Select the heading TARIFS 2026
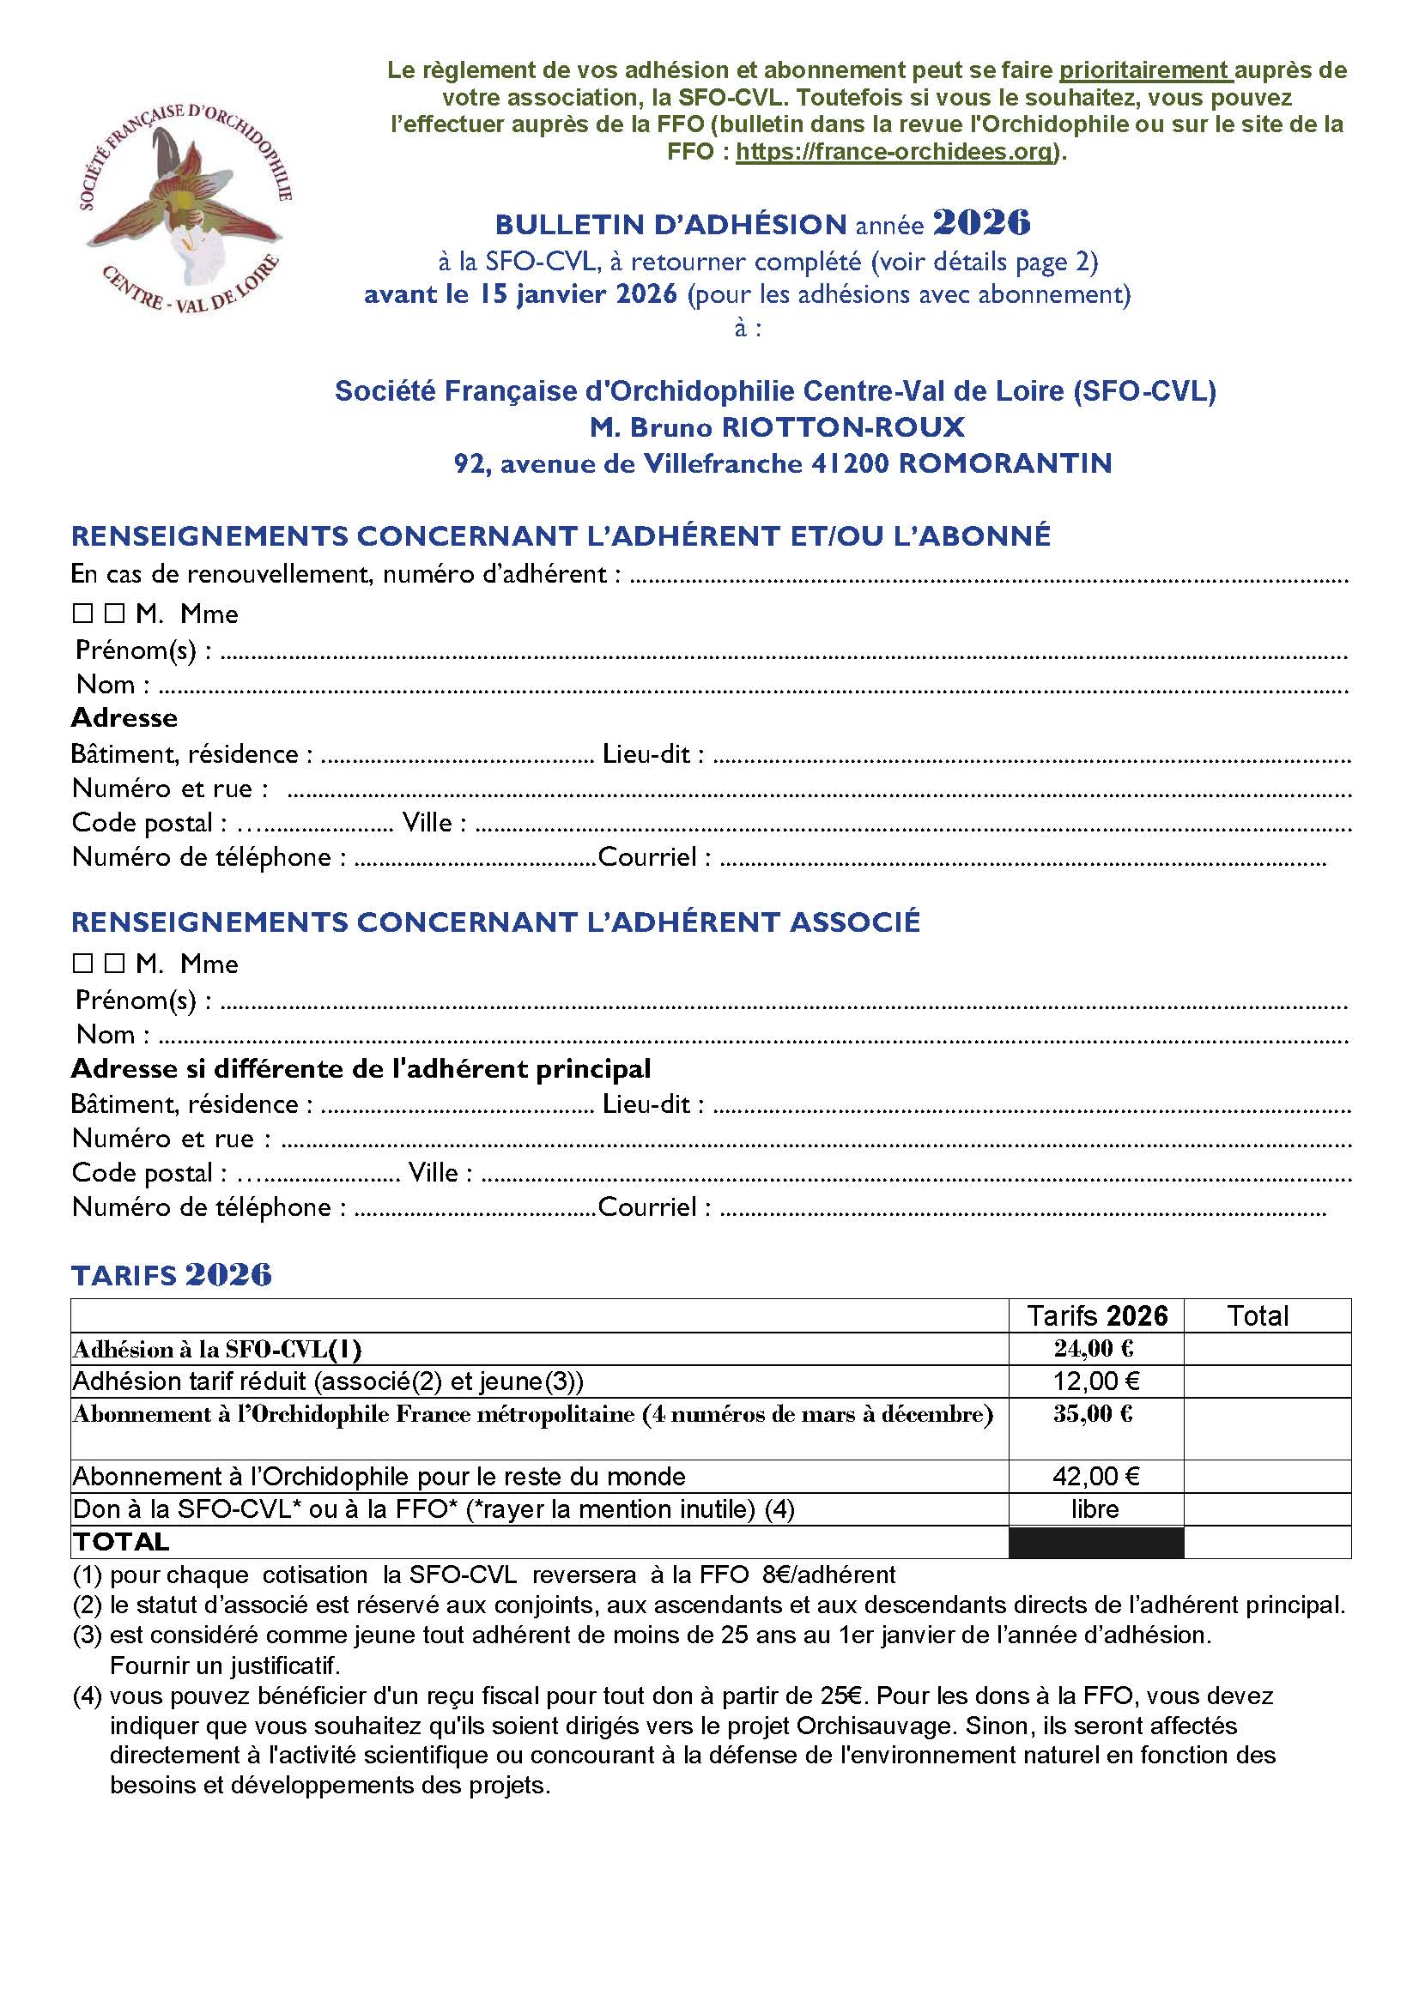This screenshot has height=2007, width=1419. pos(172,1275)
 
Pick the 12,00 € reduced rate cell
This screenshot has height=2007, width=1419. pos(1095,1381)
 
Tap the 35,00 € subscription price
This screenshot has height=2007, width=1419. pos(1093,1414)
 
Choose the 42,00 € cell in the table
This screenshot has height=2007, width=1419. pos(1095,1477)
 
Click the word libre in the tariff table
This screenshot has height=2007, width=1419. pos(1095,1509)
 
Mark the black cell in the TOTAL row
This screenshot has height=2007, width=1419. pos(1095,1542)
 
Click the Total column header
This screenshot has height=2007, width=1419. pos(1258,1315)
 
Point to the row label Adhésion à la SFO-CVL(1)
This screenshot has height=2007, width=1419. pos(217,1350)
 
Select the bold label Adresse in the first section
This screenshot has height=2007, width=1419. pos(124,717)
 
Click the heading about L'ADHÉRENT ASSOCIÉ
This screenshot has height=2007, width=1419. pos(494,922)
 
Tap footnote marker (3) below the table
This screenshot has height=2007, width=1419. pos(88,1635)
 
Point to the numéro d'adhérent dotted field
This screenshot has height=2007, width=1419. pos(988,577)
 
